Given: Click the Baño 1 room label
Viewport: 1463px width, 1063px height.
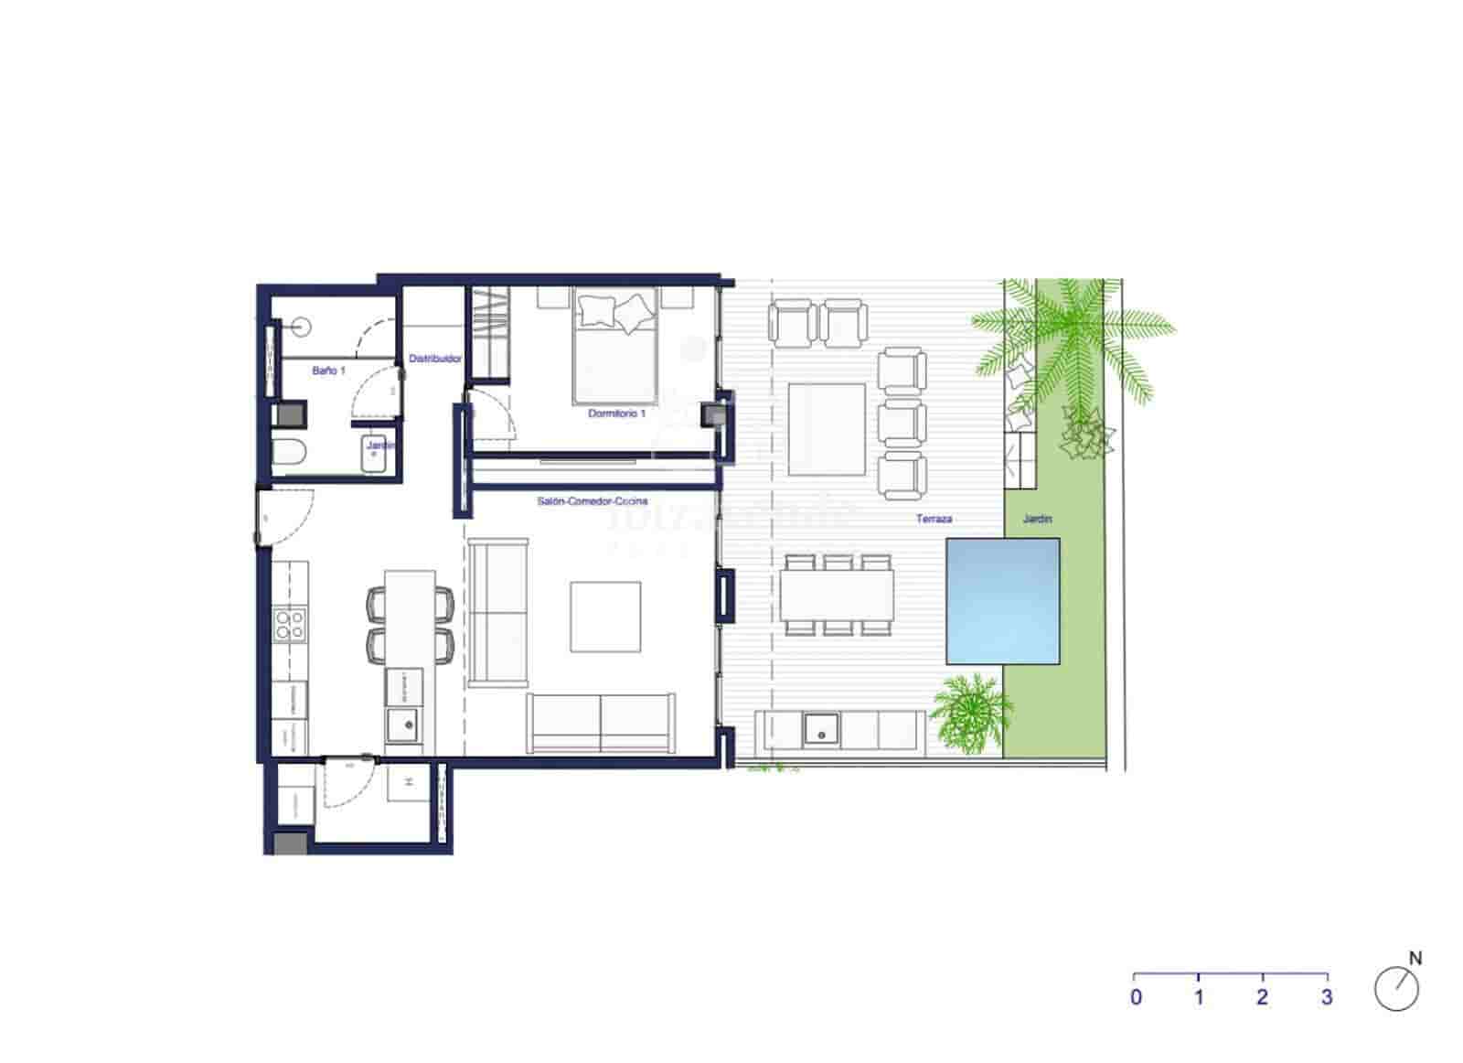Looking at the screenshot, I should click(328, 370).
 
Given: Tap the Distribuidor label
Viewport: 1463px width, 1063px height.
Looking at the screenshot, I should click(435, 359).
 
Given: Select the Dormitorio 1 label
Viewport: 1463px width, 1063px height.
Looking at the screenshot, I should click(616, 413).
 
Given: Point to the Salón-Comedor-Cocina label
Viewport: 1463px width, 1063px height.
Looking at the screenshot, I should click(593, 501).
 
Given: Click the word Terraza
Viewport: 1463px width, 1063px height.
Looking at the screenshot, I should click(934, 519).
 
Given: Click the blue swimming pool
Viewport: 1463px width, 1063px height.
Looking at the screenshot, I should click(1002, 600).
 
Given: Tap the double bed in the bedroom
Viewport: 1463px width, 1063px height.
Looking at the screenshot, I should click(615, 345).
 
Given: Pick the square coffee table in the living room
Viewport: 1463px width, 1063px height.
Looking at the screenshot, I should click(605, 617).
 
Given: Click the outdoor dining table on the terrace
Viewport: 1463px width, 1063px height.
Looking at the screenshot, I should click(837, 595).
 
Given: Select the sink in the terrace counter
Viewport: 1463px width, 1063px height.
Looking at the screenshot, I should click(821, 729).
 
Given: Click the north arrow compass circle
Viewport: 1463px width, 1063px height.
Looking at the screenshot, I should click(1396, 989).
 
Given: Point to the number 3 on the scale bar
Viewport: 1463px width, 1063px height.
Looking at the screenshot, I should click(1327, 997).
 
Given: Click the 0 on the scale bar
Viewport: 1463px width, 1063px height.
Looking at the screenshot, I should click(1136, 997).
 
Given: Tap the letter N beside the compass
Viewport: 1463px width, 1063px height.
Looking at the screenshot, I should click(1415, 959).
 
